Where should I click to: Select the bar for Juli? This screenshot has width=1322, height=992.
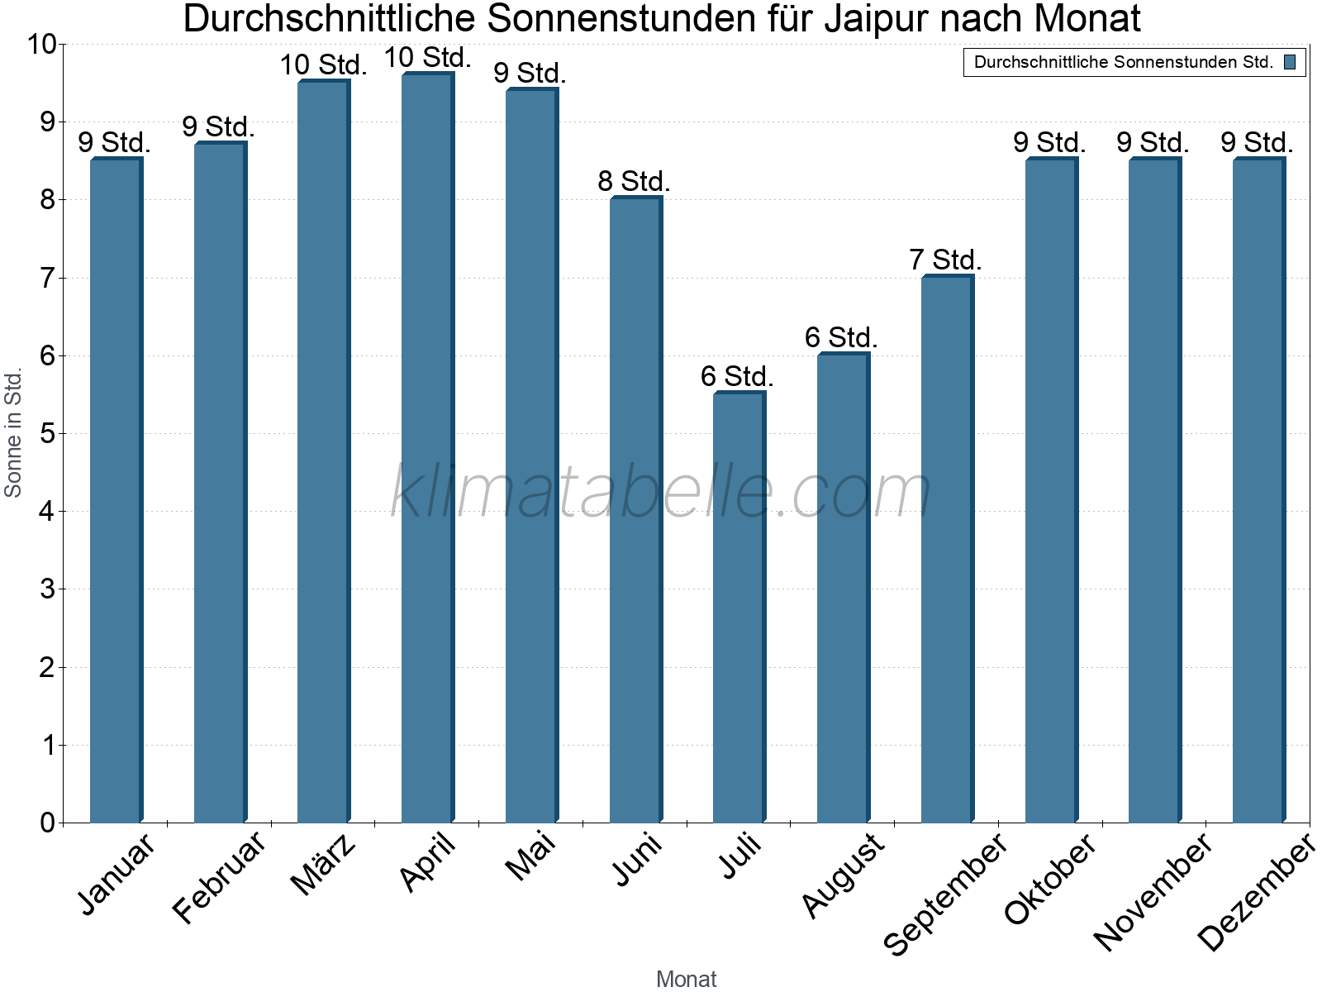tap(739, 608)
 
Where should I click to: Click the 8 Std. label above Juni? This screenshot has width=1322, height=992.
tap(634, 181)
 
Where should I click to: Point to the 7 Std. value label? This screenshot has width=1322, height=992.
tap(945, 260)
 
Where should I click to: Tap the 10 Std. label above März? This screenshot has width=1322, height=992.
tap(323, 64)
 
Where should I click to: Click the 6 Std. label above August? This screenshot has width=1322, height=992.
tap(841, 337)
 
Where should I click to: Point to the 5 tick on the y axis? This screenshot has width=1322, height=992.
tap(47, 433)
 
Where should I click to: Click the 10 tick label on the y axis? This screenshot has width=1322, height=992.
tap(40, 45)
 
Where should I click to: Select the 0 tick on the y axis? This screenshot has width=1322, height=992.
tap(47, 823)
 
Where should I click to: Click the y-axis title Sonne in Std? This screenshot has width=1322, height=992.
tap(13, 433)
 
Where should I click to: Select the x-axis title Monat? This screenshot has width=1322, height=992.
tap(686, 979)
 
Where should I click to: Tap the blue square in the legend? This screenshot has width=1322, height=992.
tap(1290, 62)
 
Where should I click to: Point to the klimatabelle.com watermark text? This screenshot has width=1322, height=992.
tap(661, 491)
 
